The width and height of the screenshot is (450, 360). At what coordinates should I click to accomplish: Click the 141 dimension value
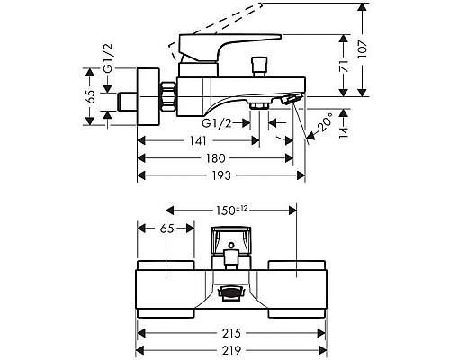(x=199, y=140)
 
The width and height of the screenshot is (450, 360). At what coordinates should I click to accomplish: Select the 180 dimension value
(x=216, y=158)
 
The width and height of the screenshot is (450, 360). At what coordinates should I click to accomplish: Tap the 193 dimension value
(x=222, y=175)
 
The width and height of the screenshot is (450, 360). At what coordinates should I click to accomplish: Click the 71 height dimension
(x=344, y=66)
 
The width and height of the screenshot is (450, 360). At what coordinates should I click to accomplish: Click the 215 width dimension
(x=231, y=333)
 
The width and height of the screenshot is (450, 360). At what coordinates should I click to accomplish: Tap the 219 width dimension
(x=231, y=350)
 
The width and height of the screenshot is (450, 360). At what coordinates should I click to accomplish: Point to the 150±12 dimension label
(x=232, y=211)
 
